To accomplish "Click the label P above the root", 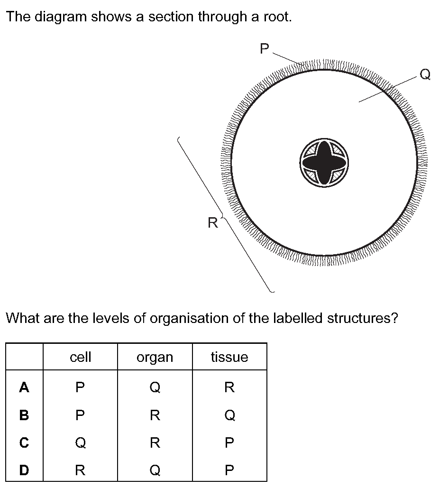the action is pyautogui.click(x=264, y=48).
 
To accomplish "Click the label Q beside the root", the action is pyautogui.click(x=425, y=74).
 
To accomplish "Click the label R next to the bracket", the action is pyautogui.click(x=213, y=223).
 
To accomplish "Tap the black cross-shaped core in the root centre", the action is pyautogui.click(x=324, y=163).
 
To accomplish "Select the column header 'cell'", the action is pyautogui.click(x=80, y=357).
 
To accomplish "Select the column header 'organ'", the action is pyautogui.click(x=155, y=358).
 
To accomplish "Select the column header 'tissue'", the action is pyautogui.click(x=229, y=357).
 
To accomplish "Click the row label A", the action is pyautogui.click(x=24, y=387).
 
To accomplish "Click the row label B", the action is pyautogui.click(x=24, y=415).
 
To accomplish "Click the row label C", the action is pyautogui.click(x=24, y=442).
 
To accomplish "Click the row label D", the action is pyautogui.click(x=24, y=470).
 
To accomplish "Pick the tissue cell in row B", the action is pyautogui.click(x=229, y=415).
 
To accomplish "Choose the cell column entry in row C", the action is pyautogui.click(x=80, y=442).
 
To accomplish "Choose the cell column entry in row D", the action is pyautogui.click(x=80, y=470).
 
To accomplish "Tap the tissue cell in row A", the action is pyautogui.click(x=229, y=387).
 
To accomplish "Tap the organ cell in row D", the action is pyautogui.click(x=155, y=470).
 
